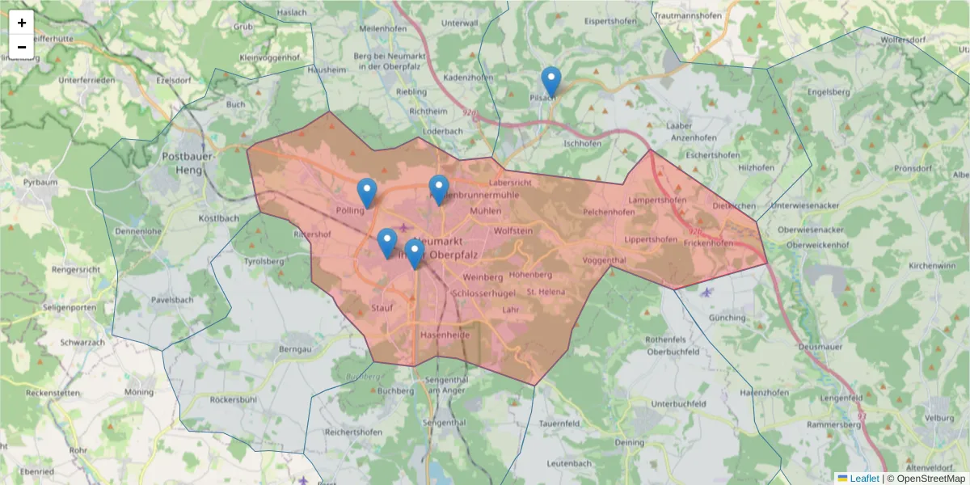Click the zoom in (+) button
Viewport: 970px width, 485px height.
tap(22, 23)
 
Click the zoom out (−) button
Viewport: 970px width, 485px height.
tap(22, 47)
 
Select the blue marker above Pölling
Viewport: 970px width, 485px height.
tap(367, 193)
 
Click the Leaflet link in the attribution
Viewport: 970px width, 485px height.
tap(863, 479)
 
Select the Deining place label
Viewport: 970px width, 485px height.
tap(630, 443)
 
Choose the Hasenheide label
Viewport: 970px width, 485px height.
tap(445, 334)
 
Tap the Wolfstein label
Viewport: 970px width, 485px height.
tap(513, 230)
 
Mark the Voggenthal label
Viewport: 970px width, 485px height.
tap(604, 260)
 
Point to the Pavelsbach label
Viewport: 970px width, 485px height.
tap(172, 300)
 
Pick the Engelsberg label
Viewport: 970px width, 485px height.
tap(829, 92)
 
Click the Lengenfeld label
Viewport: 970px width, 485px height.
tap(841, 399)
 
